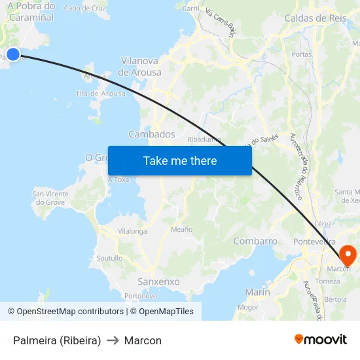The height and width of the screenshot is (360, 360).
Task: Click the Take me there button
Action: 180,160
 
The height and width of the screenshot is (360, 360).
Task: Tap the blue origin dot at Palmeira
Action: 12,55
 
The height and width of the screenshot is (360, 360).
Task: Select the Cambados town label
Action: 152,134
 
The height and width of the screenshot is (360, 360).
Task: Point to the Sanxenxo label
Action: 158,281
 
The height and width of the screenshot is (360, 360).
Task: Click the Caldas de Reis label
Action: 315,18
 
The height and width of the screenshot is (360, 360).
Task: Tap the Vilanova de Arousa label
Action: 141,66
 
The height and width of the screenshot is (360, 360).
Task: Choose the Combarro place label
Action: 255,241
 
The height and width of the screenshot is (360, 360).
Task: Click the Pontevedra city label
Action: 315,242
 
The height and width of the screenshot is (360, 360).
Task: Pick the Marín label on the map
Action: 257,292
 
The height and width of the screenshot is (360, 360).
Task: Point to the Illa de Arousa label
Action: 101,94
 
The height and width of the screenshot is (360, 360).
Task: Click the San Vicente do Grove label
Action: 50,198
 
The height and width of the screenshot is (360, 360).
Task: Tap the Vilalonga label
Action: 132,231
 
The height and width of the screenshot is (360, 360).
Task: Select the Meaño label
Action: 181,229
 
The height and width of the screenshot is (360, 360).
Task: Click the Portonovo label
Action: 141,296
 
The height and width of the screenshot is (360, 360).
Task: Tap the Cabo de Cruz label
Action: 85,8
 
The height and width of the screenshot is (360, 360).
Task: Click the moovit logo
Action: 321,339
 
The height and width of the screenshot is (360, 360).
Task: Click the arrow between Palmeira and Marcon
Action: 113,340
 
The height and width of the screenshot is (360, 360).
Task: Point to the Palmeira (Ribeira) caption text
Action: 57,340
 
